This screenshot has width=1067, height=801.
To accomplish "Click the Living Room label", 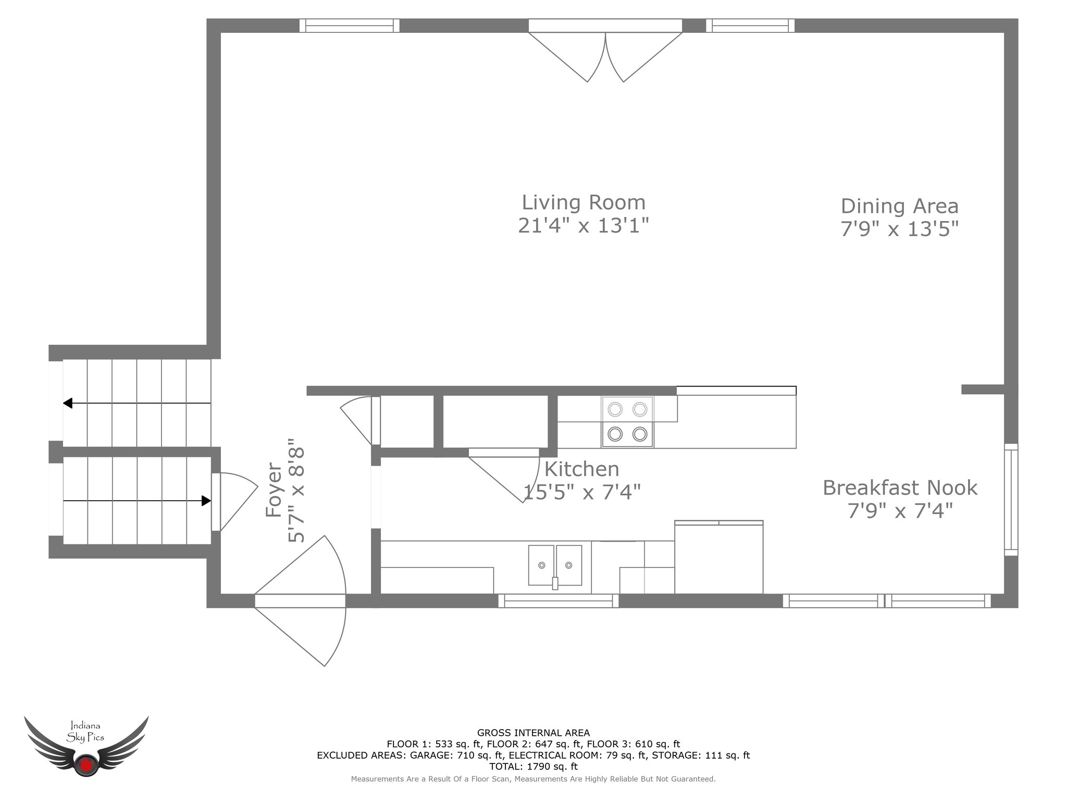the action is pyautogui.click(x=584, y=202).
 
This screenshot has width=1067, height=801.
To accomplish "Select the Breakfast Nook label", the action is pyautogui.click(x=900, y=488).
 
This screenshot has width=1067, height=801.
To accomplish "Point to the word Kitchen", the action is pyautogui.click(x=581, y=469).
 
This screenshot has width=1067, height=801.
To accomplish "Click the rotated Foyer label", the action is pyautogui.click(x=274, y=490).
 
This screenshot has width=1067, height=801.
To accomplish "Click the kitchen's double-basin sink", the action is pyautogui.click(x=555, y=565).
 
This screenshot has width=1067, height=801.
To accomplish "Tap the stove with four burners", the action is pyautogui.click(x=627, y=422).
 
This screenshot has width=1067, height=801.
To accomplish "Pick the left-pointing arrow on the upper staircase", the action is pyautogui.click(x=137, y=403).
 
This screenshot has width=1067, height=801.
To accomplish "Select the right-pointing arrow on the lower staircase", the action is pyautogui.click(x=137, y=501).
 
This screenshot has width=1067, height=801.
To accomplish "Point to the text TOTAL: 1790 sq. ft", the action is pyautogui.click(x=533, y=767).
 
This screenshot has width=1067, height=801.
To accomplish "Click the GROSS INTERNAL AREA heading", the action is pyautogui.click(x=533, y=733).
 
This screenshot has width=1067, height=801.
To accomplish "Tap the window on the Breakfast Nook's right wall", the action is pyautogui.click(x=1011, y=500).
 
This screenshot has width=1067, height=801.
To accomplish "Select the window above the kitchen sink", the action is pyautogui.click(x=558, y=601).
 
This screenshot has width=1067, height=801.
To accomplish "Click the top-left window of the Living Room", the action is pyautogui.click(x=349, y=26).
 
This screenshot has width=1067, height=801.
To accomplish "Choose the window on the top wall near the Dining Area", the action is pyautogui.click(x=750, y=26).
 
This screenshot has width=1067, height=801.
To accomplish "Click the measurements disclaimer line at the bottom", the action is pyautogui.click(x=533, y=779).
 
